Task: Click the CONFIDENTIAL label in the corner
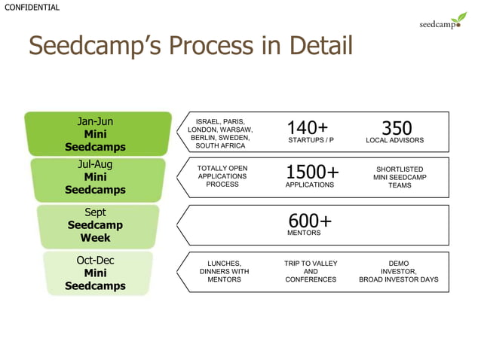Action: (31, 8)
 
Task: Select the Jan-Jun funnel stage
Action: (96, 134)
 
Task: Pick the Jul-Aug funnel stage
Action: (96, 177)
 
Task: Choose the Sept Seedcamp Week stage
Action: (96, 224)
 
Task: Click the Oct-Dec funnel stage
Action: (96, 273)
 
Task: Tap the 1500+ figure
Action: (312, 172)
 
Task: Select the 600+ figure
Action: (310, 221)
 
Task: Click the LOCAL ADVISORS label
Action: (394, 141)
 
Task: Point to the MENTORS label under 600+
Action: (304, 233)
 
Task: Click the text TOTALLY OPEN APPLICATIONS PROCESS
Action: (222, 176)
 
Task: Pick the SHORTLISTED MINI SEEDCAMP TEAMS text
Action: (399, 177)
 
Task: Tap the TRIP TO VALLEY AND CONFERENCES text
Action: (311, 271)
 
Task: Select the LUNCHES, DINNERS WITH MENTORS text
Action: (224, 271)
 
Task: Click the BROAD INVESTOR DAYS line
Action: (398, 279)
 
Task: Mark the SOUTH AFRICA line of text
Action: (219, 146)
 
